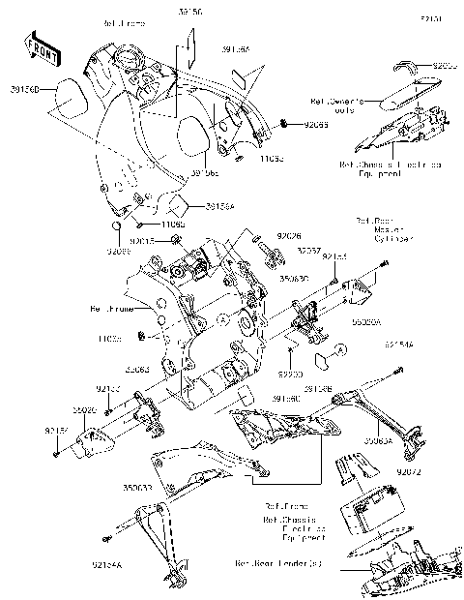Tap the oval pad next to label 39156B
point(69,95)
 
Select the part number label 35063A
point(379,438)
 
